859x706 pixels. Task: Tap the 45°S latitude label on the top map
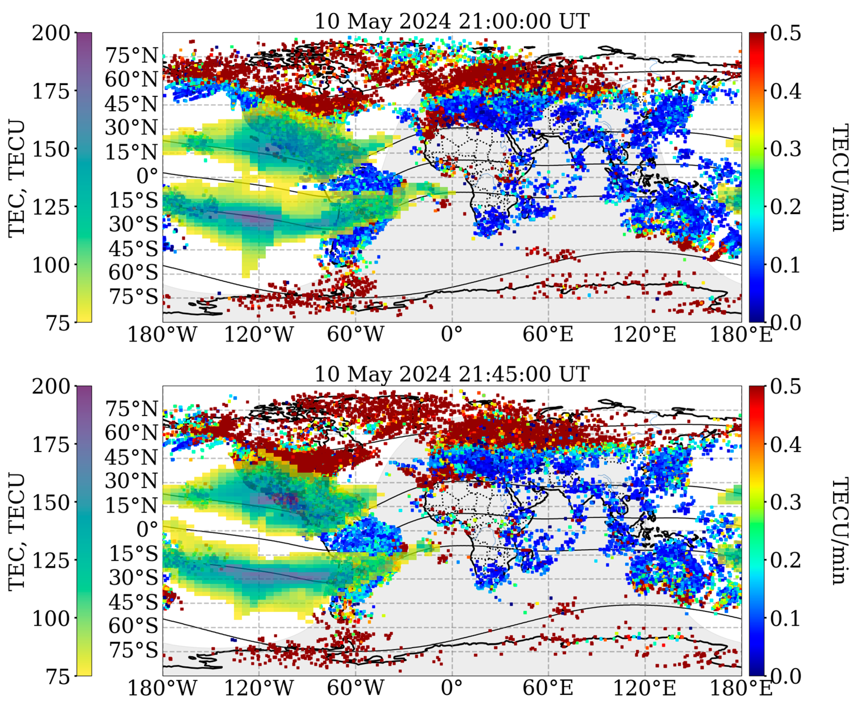coord(133,248)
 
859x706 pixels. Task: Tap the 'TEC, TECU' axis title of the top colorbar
coord(17,178)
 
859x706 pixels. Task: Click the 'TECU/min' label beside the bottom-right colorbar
coord(840,531)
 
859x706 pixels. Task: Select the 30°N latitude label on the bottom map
coord(131,481)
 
